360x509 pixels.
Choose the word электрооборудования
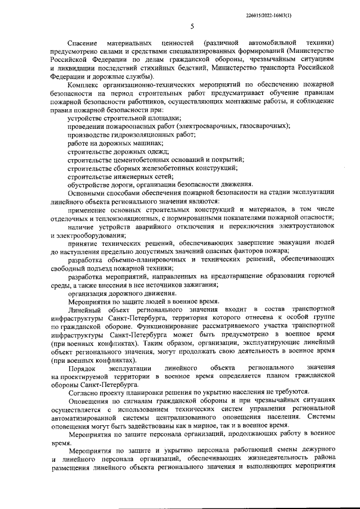(92, 235)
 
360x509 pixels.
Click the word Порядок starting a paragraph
(82, 367)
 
